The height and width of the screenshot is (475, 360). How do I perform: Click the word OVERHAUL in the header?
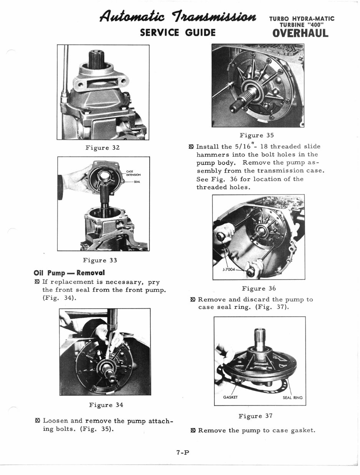tap(300, 33)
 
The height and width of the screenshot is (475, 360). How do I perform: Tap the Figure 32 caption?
tap(103, 148)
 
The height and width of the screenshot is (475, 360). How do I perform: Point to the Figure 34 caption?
tap(106, 405)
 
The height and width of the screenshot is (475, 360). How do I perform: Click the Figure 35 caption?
tap(256, 135)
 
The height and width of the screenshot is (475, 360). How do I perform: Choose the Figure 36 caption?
tap(259, 288)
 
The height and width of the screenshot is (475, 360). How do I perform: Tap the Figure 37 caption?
tap(255, 416)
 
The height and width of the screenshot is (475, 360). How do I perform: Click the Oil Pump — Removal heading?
tap(69, 273)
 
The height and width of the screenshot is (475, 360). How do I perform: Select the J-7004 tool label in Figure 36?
tap(229, 269)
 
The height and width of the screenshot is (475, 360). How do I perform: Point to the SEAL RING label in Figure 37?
tap(292, 398)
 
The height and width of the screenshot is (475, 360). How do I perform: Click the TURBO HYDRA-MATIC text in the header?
tap(302, 18)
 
